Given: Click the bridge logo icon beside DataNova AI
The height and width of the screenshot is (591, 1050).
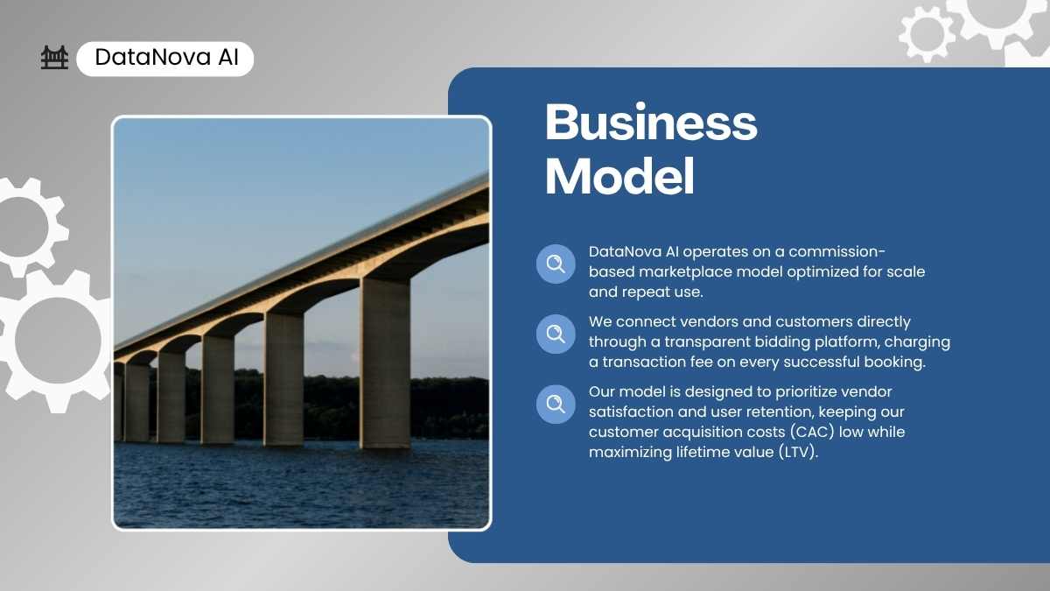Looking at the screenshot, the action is coord(54,58).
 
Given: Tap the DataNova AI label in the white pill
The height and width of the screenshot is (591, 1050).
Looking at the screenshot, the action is coord(166,57).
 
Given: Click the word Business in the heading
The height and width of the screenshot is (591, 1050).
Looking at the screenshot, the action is coord(651,122).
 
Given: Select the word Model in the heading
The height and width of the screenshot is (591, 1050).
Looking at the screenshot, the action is coord(619,176).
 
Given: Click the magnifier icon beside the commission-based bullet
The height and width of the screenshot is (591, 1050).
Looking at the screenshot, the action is coord(556,264).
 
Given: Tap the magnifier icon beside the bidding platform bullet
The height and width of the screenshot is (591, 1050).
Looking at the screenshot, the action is coord(556,334).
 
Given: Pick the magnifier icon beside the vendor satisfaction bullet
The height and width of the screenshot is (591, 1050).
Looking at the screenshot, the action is coord(556,404).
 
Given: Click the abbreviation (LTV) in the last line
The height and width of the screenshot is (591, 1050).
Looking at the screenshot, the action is coord(798,452).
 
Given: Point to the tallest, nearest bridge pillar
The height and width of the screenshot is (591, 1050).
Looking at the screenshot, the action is coord(385,363).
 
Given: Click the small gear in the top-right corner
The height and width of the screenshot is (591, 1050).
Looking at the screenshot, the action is coord(927,35).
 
